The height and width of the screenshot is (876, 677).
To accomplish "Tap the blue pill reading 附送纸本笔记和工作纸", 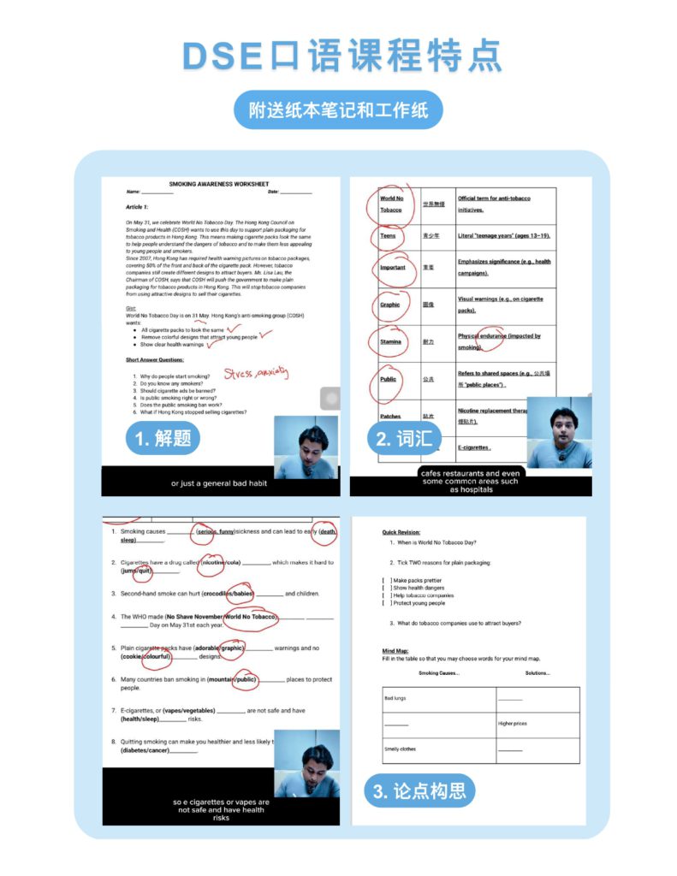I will pyautogui.click(x=338, y=110).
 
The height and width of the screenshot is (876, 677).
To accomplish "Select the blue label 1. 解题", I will pyautogui.click(x=163, y=439).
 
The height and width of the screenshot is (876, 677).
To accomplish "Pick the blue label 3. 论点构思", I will pyautogui.click(x=419, y=790).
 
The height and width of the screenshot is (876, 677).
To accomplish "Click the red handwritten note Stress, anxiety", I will pyautogui.click(x=256, y=372).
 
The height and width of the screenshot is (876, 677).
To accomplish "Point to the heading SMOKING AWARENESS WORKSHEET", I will pyautogui.click(x=218, y=184).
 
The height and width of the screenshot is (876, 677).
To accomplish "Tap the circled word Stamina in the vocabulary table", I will pyautogui.click(x=390, y=341).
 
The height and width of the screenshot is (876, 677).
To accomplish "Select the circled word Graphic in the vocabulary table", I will pyautogui.click(x=389, y=305).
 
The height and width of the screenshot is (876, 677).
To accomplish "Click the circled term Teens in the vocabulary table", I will pyautogui.click(x=388, y=235).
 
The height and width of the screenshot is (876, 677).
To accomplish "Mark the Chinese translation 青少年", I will pyautogui.click(x=431, y=235).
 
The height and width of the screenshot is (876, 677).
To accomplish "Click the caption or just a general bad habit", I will pyautogui.click(x=219, y=483).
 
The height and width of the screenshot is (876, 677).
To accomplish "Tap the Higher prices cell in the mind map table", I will pyautogui.click(x=513, y=724).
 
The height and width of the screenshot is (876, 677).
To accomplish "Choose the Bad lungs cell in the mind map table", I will pyautogui.click(x=395, y=698).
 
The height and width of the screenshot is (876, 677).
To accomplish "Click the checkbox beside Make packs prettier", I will pyautogui.click(x=386, y=581).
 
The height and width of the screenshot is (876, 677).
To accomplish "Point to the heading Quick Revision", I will pyautogui.click(x=401, y=532).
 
